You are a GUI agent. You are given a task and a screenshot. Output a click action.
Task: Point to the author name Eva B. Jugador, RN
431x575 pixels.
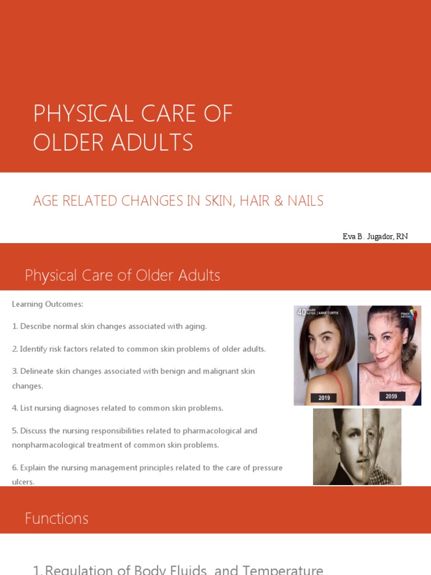pos(375,236)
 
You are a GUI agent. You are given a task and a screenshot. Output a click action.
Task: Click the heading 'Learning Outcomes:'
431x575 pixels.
pos(48,304)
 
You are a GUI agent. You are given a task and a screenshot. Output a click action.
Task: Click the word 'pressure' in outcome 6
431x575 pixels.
pos(267,468)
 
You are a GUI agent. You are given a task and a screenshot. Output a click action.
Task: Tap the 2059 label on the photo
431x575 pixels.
pos(391,396)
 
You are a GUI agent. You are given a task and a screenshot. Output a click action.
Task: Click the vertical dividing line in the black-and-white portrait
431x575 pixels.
pos(363,446)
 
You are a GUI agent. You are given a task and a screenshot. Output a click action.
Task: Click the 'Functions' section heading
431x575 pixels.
pos(57,518)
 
